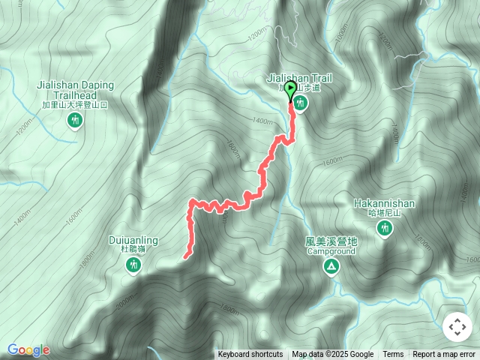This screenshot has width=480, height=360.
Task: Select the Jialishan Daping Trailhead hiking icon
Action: click(74, 120)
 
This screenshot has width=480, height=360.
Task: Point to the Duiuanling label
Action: click(133, 240)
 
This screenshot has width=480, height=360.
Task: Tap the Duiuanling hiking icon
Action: click(133, 264)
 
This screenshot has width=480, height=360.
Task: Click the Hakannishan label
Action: click(385, 203)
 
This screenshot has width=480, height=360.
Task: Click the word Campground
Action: click(331, 251)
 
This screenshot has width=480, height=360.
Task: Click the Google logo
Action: click(28, 349)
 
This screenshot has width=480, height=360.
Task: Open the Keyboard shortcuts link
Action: click(250, 355)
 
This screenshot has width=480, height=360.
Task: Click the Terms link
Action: click(393, 355)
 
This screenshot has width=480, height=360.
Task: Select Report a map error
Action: click(444, 355)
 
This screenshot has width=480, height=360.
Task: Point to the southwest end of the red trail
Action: click(184, 257)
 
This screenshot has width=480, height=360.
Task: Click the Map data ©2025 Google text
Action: click(333, 355)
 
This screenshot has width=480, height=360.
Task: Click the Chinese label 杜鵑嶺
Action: click(133, 249)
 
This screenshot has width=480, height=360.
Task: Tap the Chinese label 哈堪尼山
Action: click(385, 213)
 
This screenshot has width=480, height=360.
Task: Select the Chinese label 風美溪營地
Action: click(331, 241)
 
